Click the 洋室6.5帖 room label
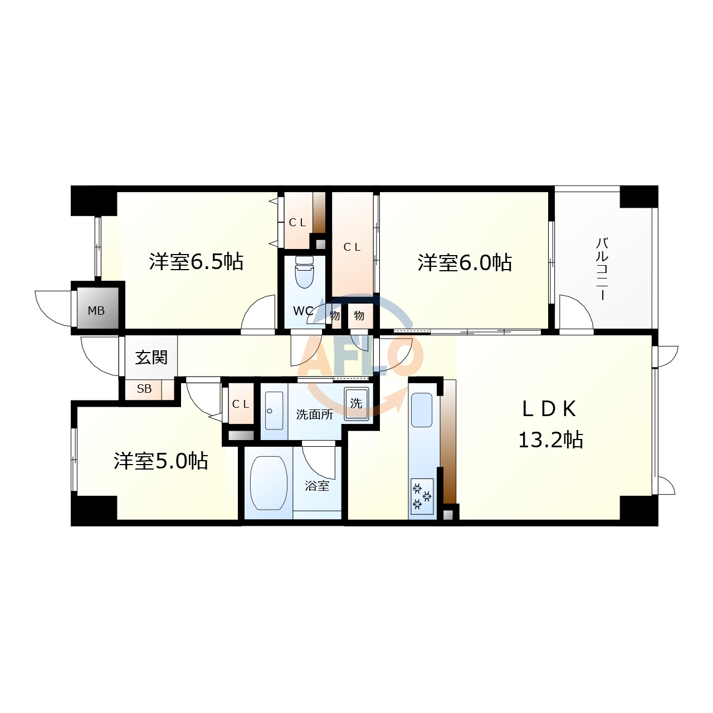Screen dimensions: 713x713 point(196,261)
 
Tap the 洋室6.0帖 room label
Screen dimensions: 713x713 point(465,262)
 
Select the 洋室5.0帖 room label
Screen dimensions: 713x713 point(161,461)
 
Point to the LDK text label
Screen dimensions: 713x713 point(549,409)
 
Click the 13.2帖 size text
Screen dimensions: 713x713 point(550,440)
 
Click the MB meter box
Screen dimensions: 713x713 point(96,310)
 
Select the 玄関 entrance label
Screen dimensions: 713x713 point(151,357)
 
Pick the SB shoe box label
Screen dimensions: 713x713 point(144,389)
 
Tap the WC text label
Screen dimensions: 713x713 point(302,311)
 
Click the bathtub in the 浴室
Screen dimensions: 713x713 point(268,483)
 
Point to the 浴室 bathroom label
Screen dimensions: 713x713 point(317,486)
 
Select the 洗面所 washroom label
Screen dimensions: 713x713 point(314,414)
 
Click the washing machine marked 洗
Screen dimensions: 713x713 point(356,403)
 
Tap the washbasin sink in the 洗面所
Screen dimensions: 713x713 point(274,411)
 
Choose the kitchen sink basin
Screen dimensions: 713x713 point(421,410)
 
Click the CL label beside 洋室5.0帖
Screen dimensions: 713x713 point(241,404)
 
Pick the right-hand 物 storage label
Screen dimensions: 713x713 point(359,316)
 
